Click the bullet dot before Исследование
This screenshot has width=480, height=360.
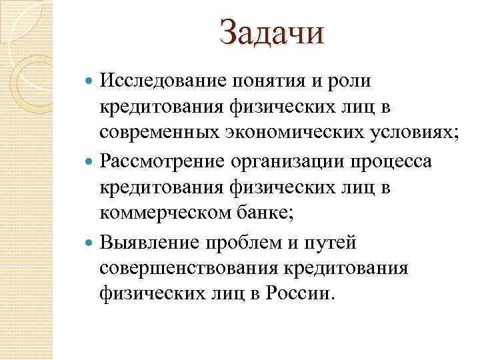click(91, 82)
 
